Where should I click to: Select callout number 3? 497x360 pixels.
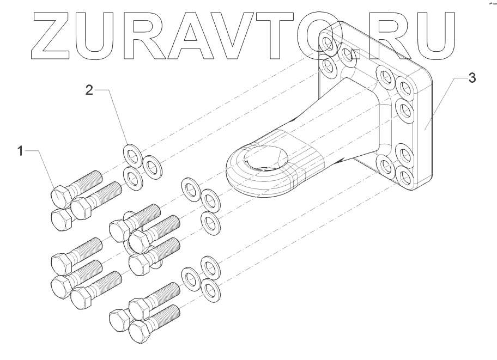[x=471, y=78]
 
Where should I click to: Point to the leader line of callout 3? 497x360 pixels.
[x=444, y=103]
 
